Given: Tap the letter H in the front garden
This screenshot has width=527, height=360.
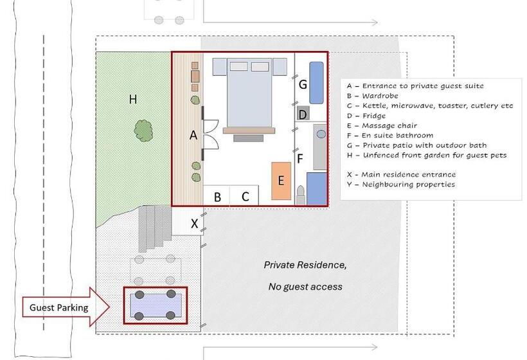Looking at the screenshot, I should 133,99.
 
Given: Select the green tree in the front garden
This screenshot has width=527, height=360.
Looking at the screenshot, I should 144,130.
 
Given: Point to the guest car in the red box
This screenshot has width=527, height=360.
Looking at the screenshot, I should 155,305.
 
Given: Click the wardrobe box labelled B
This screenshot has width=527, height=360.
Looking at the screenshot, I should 217,197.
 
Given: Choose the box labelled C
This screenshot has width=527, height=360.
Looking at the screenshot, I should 245,197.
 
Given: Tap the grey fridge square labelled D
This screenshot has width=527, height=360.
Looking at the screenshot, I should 303,114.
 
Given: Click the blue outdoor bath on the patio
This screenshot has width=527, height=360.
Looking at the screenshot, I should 316,82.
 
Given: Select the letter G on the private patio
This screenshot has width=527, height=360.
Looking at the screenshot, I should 303,84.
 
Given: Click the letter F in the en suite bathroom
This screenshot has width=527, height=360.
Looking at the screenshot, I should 299,157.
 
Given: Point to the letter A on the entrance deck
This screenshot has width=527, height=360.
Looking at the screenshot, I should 193,135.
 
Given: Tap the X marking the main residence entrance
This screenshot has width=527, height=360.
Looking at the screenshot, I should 195,224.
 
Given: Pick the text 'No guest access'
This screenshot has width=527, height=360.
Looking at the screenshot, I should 305,287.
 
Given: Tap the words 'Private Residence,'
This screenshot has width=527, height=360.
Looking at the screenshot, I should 305,265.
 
